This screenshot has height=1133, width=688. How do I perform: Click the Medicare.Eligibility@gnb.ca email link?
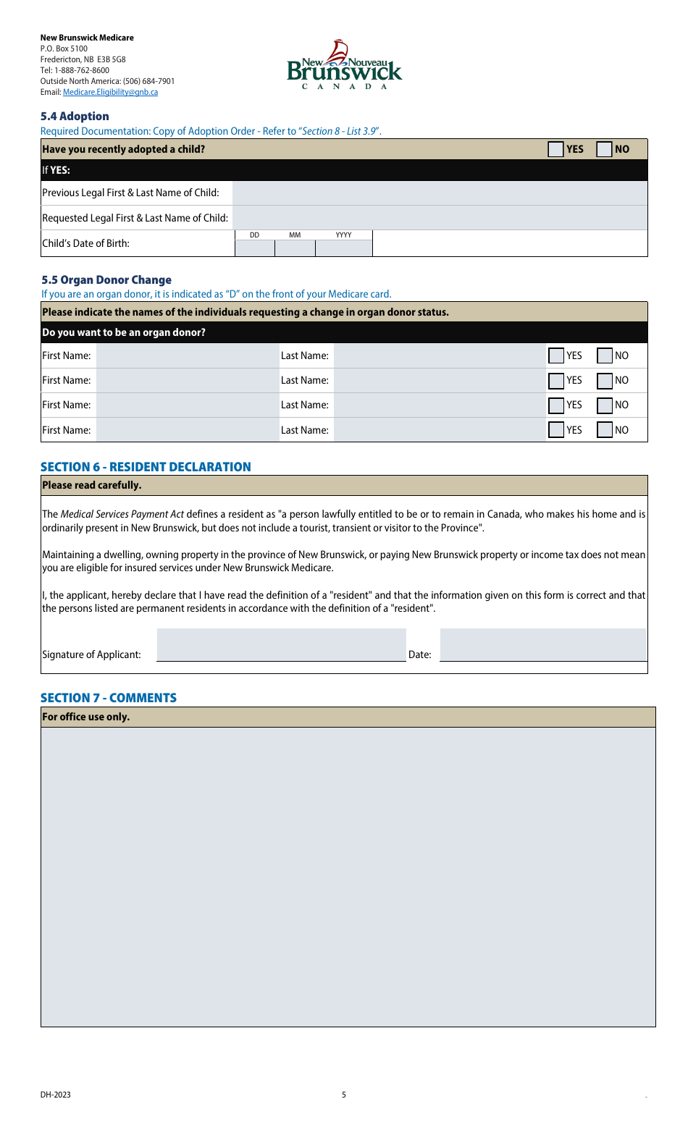[x=110, y=92]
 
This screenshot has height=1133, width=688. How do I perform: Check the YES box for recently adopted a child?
[x=555, y=149]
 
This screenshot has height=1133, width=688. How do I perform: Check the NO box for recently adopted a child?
[x=604, y=149]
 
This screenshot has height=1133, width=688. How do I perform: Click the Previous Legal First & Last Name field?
[x=439, y=193]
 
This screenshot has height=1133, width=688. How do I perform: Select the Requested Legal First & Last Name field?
[x=439, y=218]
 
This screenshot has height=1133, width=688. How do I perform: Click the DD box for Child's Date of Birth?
[x=255, y=248]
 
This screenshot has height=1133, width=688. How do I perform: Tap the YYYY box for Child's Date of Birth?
[x=343, y=248]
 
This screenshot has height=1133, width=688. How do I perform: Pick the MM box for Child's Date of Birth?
[x=295, y=248]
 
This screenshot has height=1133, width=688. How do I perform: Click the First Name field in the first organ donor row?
[x=187, y=355]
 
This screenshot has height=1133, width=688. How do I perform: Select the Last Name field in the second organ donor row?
[x=439, y=380]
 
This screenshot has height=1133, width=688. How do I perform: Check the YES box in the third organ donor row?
[x=556, y=405]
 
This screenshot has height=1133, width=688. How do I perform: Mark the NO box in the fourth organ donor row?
[x=605, y=430]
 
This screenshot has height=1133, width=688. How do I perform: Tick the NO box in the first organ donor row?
[x=605, y=355]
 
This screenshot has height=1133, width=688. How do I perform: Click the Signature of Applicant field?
[x=281, y=644]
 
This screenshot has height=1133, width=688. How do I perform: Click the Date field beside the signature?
[x=542, y=644]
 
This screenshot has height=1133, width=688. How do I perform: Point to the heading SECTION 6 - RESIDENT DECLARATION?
[x=146, y=467]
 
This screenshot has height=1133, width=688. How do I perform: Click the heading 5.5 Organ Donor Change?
[x=106, y=279]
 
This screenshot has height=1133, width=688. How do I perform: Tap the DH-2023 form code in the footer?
[x=56, y=1095]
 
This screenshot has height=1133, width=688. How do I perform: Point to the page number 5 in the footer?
[x=344, y=1095]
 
